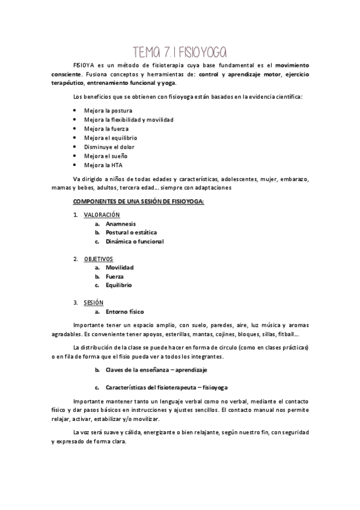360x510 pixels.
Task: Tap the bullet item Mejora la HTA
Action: click(x=105, y=165)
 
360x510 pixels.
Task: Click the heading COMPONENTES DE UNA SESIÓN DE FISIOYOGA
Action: click(x=138, y=201)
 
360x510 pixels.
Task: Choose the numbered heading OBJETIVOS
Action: click(x=98, y=259)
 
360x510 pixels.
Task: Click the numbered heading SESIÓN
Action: click(x=94, y=303)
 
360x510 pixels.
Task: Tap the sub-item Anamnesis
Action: click(x=121, y=224)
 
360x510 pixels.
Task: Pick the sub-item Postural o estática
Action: click(x=131, y=232)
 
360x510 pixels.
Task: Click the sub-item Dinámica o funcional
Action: click(x=134, y=241)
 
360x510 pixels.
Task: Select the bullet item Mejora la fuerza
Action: click(x=108, y=129)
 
